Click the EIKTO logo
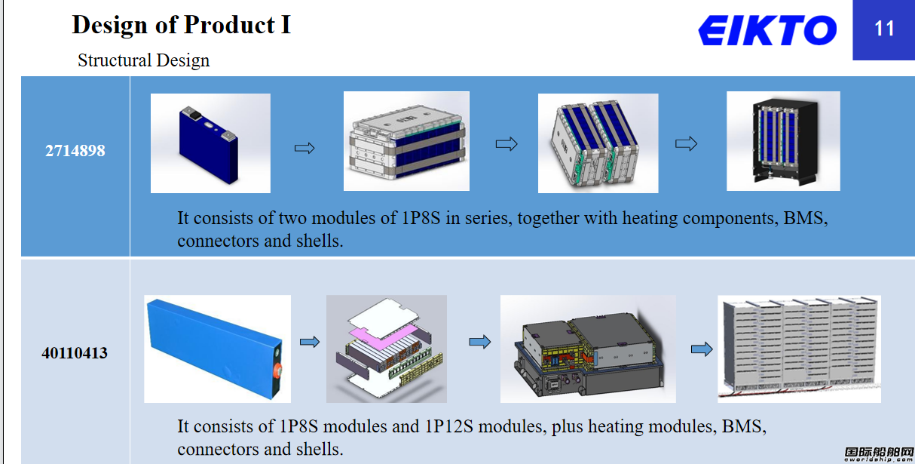click(767, 30)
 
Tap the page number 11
click(884, 29)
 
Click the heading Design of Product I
click(182, 26)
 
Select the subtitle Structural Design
click(143, 60)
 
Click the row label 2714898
click(75, 151)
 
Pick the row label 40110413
click(75, 353)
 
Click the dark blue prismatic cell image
click(210, 143)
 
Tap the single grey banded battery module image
click(406, 141)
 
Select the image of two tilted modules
click(598, 143)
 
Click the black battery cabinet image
click(783, 141)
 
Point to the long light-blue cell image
click(217, 349)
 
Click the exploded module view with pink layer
click(387, 349)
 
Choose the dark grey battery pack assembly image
click(588, 349)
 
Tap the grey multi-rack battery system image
click(800, 349)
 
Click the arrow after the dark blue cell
click(304, 148)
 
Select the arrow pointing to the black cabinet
click(686, 144)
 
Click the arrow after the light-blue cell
click(310, 342)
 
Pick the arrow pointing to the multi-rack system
click(702, 349)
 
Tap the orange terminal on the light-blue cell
click(278, 370)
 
